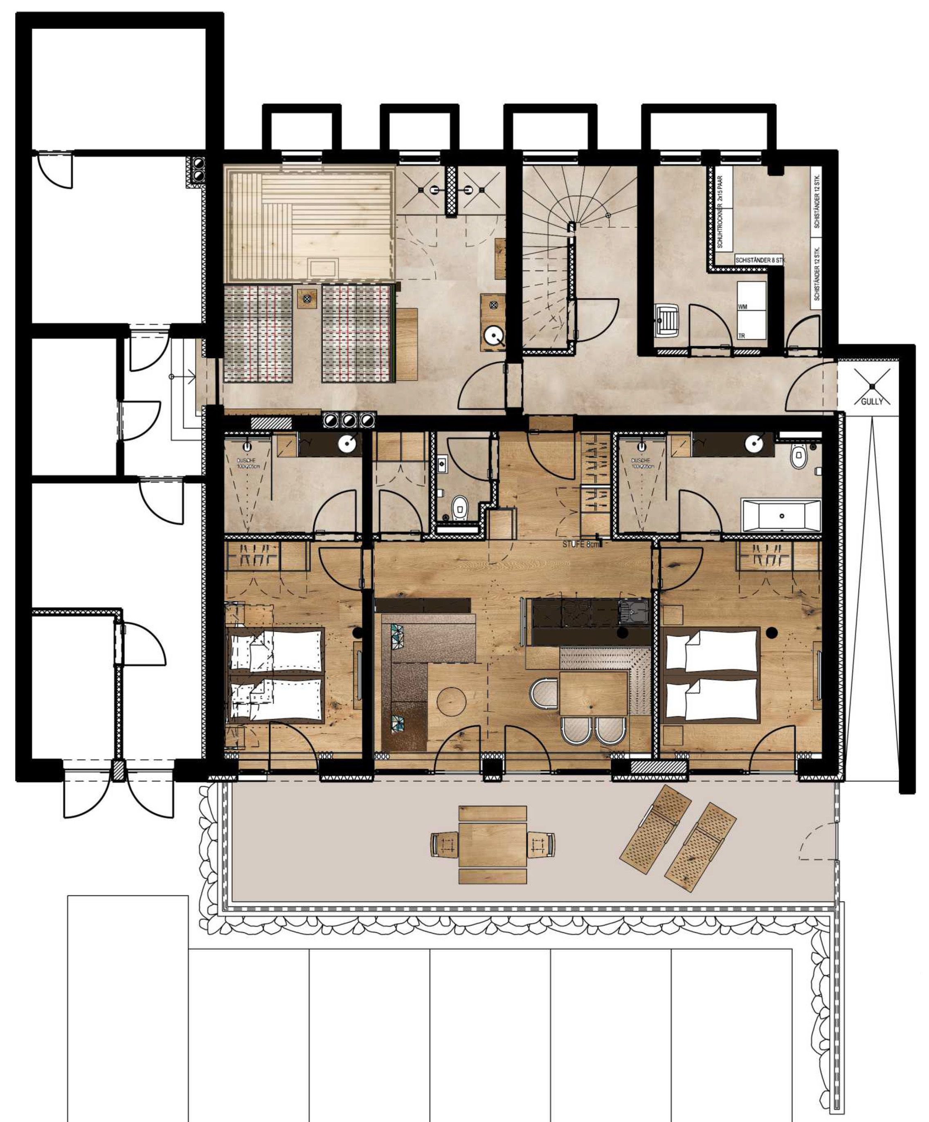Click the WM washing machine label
point(742,307)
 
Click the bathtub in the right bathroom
point(781,516)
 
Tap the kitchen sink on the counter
point(632,610)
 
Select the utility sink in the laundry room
point(666,320)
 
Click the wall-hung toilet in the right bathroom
point(799,458)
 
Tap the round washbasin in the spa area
point(493,337)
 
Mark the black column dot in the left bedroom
point(358,633)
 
